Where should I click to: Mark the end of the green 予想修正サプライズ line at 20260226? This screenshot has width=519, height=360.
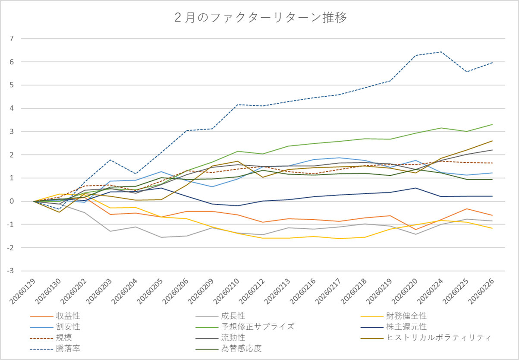[492, 124]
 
